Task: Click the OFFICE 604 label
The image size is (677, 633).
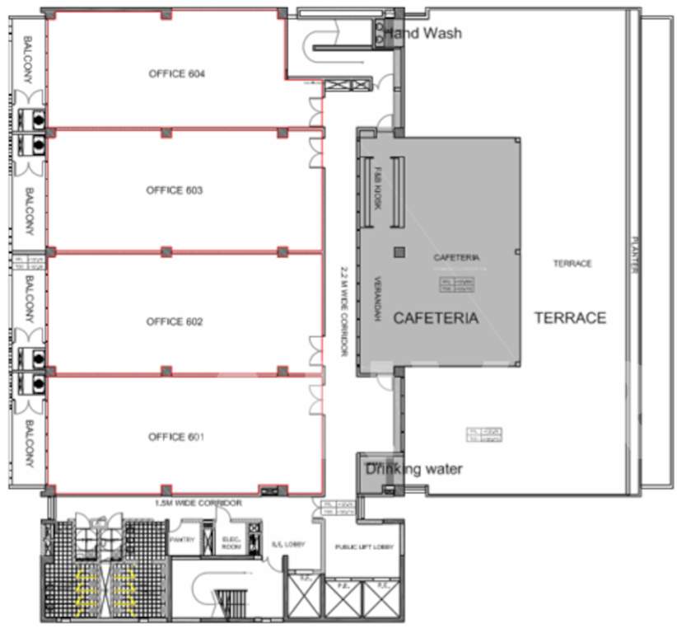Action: (x=176, y=74)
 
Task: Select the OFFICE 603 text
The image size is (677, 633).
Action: (x=175, y=190)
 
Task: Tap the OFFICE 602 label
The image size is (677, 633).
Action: (x=175, y=321)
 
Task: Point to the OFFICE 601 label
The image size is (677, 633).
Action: (x=175, y=437)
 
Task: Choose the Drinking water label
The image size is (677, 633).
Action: (x=414, y=470)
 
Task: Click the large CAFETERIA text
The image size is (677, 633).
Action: (x=436, y=318)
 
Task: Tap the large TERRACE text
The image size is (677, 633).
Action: (x=570, y=318)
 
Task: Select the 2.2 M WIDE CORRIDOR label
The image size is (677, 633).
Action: (x=343, y=311)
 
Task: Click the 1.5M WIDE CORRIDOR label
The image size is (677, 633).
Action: (x=198, y=503)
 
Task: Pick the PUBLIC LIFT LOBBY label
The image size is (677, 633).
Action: (x=364, y=548)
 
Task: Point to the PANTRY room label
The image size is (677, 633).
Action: (x=181, y=540)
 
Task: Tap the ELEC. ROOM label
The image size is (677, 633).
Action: (x=231, y=542)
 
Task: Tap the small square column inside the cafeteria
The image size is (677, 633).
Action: (x=399, y=251)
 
